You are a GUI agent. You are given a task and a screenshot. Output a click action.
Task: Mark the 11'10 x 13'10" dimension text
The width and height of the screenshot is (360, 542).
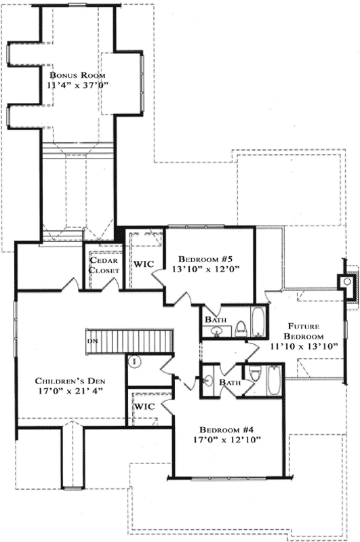tap(303, 346)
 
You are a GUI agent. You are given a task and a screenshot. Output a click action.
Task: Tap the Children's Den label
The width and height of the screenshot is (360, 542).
tap(70, 381)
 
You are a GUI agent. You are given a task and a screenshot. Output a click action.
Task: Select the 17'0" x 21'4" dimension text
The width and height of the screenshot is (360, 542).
tap(70, 392)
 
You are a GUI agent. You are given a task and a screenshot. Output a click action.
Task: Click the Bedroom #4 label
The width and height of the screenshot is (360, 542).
tap(226, 430)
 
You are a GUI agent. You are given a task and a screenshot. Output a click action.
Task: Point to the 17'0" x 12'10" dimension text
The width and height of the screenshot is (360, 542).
tap(226, 440)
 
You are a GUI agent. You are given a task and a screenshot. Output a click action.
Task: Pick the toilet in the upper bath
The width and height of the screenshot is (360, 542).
tap(240, 328)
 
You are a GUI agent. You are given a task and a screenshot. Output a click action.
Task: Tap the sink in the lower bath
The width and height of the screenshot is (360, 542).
tap(209, 380)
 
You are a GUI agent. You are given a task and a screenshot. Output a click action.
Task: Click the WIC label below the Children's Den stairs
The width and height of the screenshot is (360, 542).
tap(145, 406)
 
